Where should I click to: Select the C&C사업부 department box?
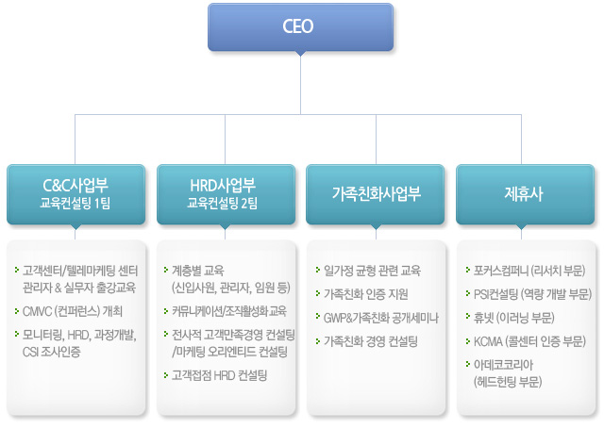click(x=76, y=191)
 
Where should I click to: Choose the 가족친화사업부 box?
click(x=376, y=193)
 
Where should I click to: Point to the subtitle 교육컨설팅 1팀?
click(x=76, y=202)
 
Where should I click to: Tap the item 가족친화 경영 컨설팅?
click(x=371, y=339)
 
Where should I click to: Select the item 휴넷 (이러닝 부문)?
click(x=513, y=316)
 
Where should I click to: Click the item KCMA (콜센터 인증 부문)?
click(x=529, y=339)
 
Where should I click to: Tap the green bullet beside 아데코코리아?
click(x=467, y=363)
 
